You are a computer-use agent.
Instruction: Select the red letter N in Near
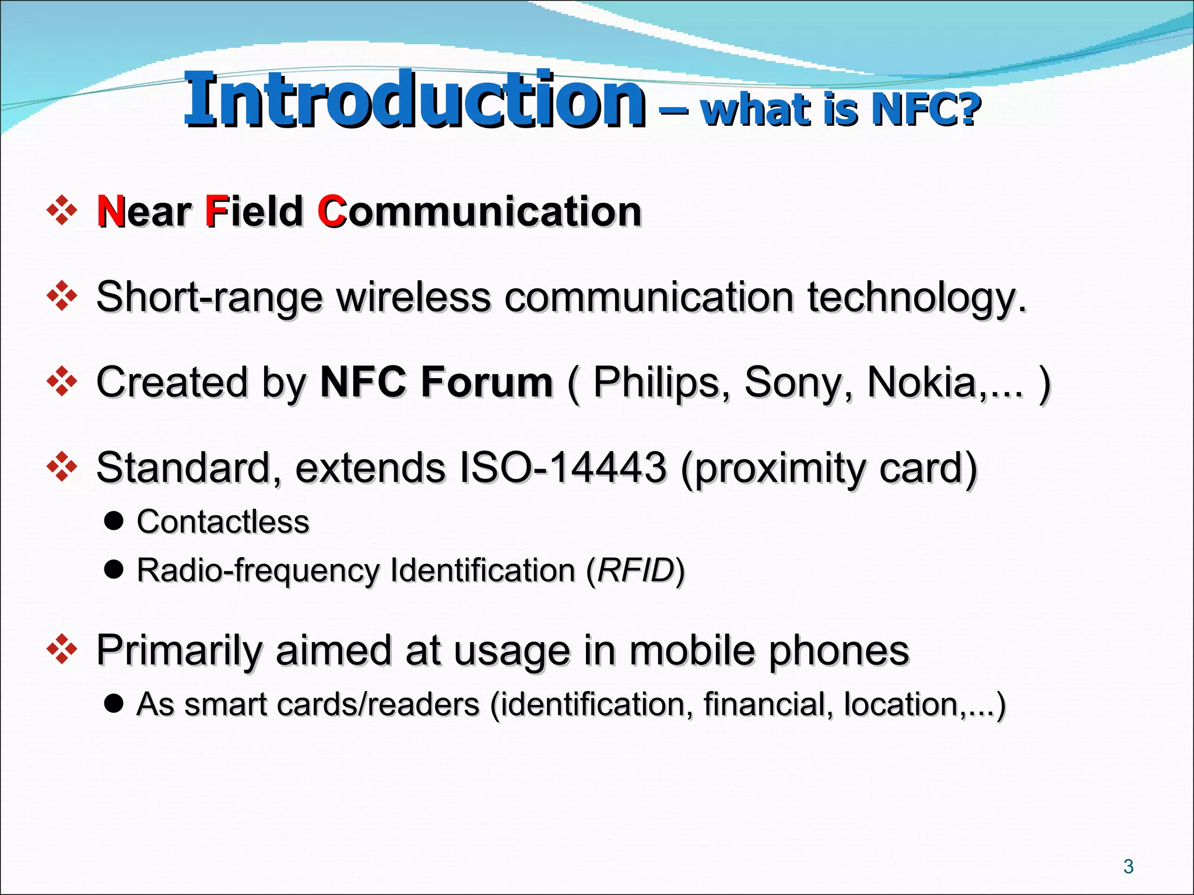coord(110,211)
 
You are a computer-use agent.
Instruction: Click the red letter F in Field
coord(216,211)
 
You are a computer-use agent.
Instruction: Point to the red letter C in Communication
coord(331,212)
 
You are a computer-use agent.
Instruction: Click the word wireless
coord(413,297)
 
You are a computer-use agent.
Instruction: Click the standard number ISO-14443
coord(563,468)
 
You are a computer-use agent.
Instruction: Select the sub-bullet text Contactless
coord(223,522)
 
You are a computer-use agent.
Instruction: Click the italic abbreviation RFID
coord(635,570)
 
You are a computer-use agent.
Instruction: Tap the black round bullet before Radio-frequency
coord(114,569)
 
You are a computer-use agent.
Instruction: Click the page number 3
coord(1128,866)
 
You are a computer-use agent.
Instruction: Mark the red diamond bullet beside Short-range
coord(62,296)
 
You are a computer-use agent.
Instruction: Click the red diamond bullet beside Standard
coord(62,467)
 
